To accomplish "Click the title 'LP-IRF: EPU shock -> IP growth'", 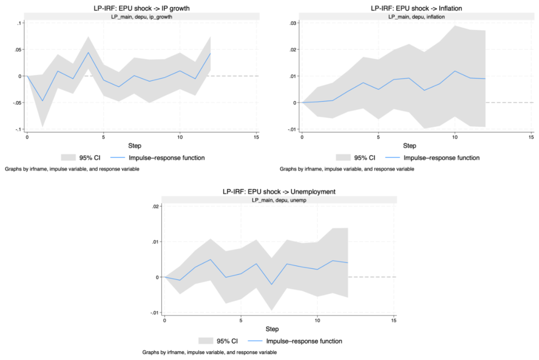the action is tap(142, 8).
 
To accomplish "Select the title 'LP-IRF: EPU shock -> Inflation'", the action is tap(416, 8).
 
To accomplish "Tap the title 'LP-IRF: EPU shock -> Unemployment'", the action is tap(279, 192).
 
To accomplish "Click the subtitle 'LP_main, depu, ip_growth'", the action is tap(142, 17).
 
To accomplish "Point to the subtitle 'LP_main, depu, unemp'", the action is tap(279, 200).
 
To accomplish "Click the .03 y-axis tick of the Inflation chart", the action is tap(293, 23).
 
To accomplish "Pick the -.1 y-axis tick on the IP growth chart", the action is tap(18, 129).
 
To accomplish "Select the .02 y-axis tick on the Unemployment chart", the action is tap(155, 206).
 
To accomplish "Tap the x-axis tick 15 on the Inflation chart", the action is tap(531, 137).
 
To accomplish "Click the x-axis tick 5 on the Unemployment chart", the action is tap(241, 320).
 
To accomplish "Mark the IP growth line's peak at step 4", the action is tap(88, 52).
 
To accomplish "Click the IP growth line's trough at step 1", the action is tap(43, 101).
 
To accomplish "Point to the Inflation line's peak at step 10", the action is tap(455, 71).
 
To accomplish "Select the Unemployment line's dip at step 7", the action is tap(272, 285).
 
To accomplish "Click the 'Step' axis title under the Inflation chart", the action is tap(410, 146).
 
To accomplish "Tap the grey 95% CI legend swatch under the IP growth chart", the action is tap(68, 158).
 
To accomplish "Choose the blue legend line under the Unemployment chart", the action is tap(255, 341).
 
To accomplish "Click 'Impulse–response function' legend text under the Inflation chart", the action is tap(441, 158).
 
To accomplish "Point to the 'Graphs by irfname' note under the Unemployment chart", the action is tap(209, 352).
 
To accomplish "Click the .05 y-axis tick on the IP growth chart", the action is tap(18, 49).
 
